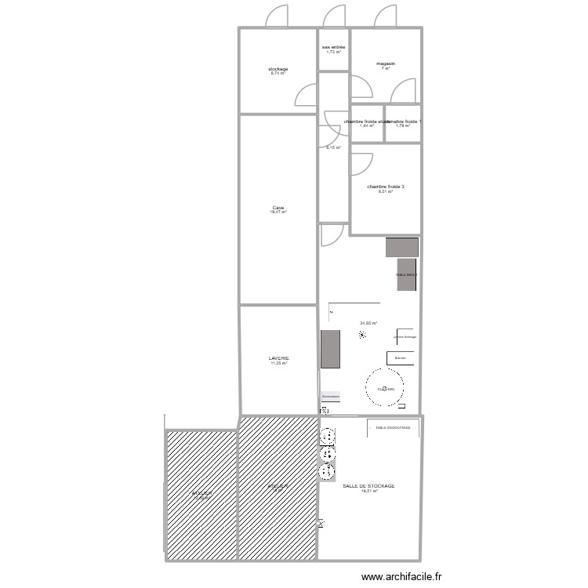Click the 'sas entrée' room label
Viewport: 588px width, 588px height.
pos(333,47)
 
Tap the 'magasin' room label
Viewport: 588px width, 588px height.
pos(385,64)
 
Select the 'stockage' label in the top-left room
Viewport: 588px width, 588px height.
pos(279,69)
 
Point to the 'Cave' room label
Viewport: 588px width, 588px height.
pos(278,208)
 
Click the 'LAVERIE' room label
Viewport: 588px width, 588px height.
pos(279,358)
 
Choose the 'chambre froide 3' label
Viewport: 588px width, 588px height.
pos(385,187)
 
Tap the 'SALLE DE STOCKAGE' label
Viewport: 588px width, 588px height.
pos(368,486)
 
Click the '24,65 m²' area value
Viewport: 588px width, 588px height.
pos(368,323)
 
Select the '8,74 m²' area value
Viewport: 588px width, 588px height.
pos(279,74)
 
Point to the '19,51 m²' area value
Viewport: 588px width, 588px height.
pos(369,492)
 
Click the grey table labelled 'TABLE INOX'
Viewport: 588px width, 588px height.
pos(407,274)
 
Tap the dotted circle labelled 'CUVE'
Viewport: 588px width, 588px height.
pos(385,388)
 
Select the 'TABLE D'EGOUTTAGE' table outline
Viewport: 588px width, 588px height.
pos(393,428)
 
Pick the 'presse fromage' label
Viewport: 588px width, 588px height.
pos(405,337)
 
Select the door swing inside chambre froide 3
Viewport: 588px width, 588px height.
pos(360,163)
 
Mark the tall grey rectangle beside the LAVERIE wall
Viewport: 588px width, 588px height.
pos(330,349)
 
